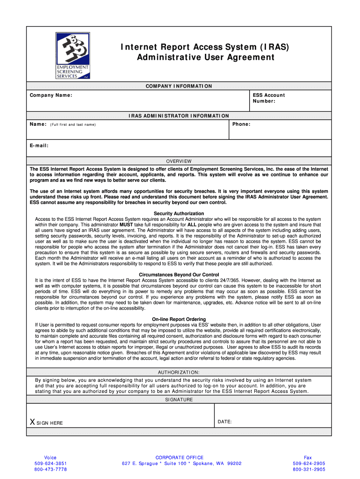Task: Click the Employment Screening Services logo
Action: click(x=72, y=55)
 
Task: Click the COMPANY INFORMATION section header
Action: click(x=179, y=86)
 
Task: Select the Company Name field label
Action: click(x=51, y=95)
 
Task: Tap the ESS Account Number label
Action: click(x=268, y=98)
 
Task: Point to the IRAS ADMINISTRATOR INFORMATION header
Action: click(x=179, y=116)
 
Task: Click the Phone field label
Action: click(x=241, y=124)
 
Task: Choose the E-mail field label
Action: click(x=39, y=145)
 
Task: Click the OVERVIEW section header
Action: click(x=179, y=161)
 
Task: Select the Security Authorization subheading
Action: click(x=179, y=214)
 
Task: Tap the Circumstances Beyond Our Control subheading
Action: click(x=179, y=275)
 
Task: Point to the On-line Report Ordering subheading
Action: click(x=179, y=319)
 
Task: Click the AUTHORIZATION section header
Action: click(x=179, y=372)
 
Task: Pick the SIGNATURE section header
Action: click(x=179, y=400)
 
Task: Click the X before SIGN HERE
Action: click(x=32, y=422)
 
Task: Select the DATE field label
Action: click(x=225, y=422)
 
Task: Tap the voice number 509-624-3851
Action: click(x=50, y=464)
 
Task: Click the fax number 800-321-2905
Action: click(x=309, y=469)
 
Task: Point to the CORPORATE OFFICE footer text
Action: click(x=180, y=457)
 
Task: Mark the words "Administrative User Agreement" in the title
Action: click(x=205, y=58)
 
